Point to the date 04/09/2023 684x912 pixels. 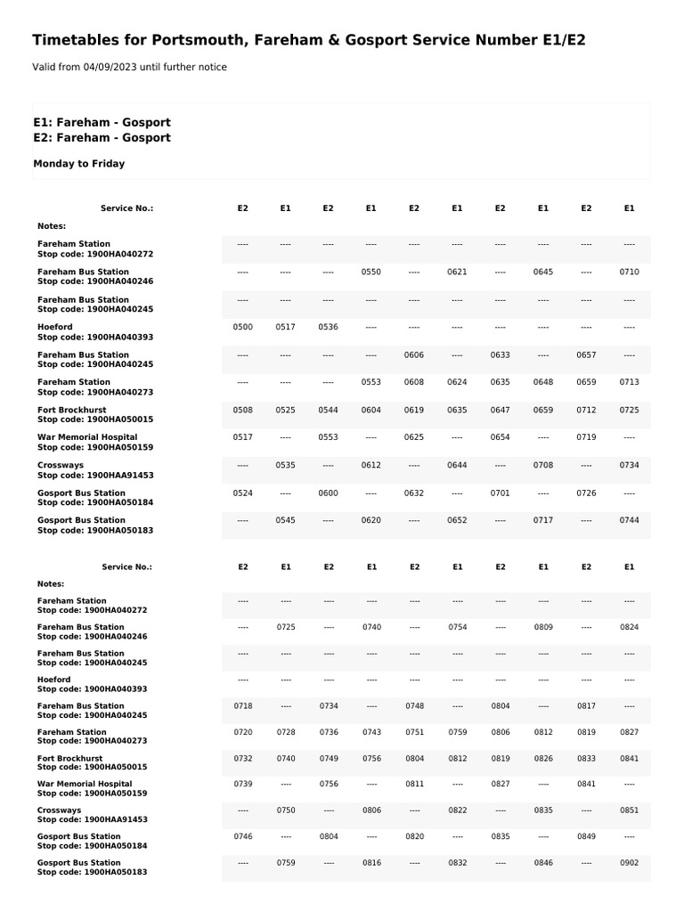(110, 67)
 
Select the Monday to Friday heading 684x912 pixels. (79, 164)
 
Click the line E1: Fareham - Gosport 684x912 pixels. (102, 122)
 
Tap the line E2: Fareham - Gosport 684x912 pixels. (102, 138)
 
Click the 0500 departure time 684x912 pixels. (242, 327)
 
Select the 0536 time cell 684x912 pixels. (328, 327)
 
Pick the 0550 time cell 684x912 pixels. (370, 272)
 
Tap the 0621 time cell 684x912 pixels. (457, 272)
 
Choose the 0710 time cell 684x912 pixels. (629, 272)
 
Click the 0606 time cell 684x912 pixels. (414, 354)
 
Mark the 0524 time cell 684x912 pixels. (242, 493)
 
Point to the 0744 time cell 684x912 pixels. (629, 520)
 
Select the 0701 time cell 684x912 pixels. (500, 493)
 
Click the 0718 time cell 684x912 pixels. (243, 705)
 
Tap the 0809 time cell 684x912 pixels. (543, 627)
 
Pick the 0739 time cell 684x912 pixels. (243, 784)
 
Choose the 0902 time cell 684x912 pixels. (630, 863)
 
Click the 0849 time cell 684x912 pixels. (586, 836)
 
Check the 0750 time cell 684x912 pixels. (286, 810)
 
